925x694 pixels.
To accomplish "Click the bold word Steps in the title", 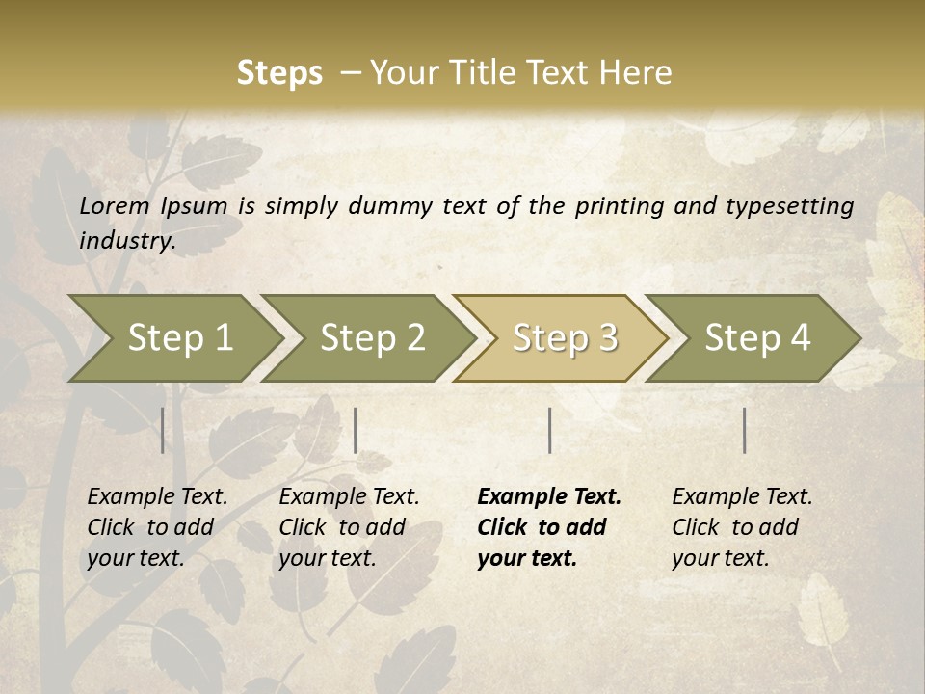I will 279,73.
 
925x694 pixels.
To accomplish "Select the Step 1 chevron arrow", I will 179,337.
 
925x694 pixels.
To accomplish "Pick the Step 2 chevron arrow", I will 372,337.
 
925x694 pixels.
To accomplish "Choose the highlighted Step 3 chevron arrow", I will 565,337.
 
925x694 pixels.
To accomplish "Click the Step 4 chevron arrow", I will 757,337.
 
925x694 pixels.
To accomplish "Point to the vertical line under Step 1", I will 163,430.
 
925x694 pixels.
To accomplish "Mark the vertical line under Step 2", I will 356,430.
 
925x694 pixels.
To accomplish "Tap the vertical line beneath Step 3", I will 549,430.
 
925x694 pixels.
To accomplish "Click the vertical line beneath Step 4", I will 745,430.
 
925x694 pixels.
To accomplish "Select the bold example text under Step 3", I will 549,527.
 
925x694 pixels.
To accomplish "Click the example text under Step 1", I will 157,527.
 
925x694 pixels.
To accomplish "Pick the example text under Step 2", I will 349,527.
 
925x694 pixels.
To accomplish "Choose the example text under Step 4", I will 742,527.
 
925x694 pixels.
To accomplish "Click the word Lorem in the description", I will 115,205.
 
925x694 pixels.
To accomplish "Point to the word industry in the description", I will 127,240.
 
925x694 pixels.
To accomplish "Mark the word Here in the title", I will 640,73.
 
